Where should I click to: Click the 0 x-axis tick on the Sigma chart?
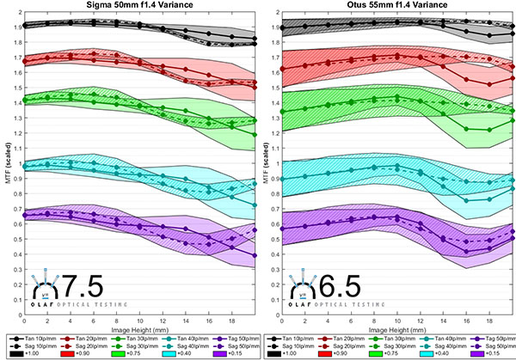tap(24, 326)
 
